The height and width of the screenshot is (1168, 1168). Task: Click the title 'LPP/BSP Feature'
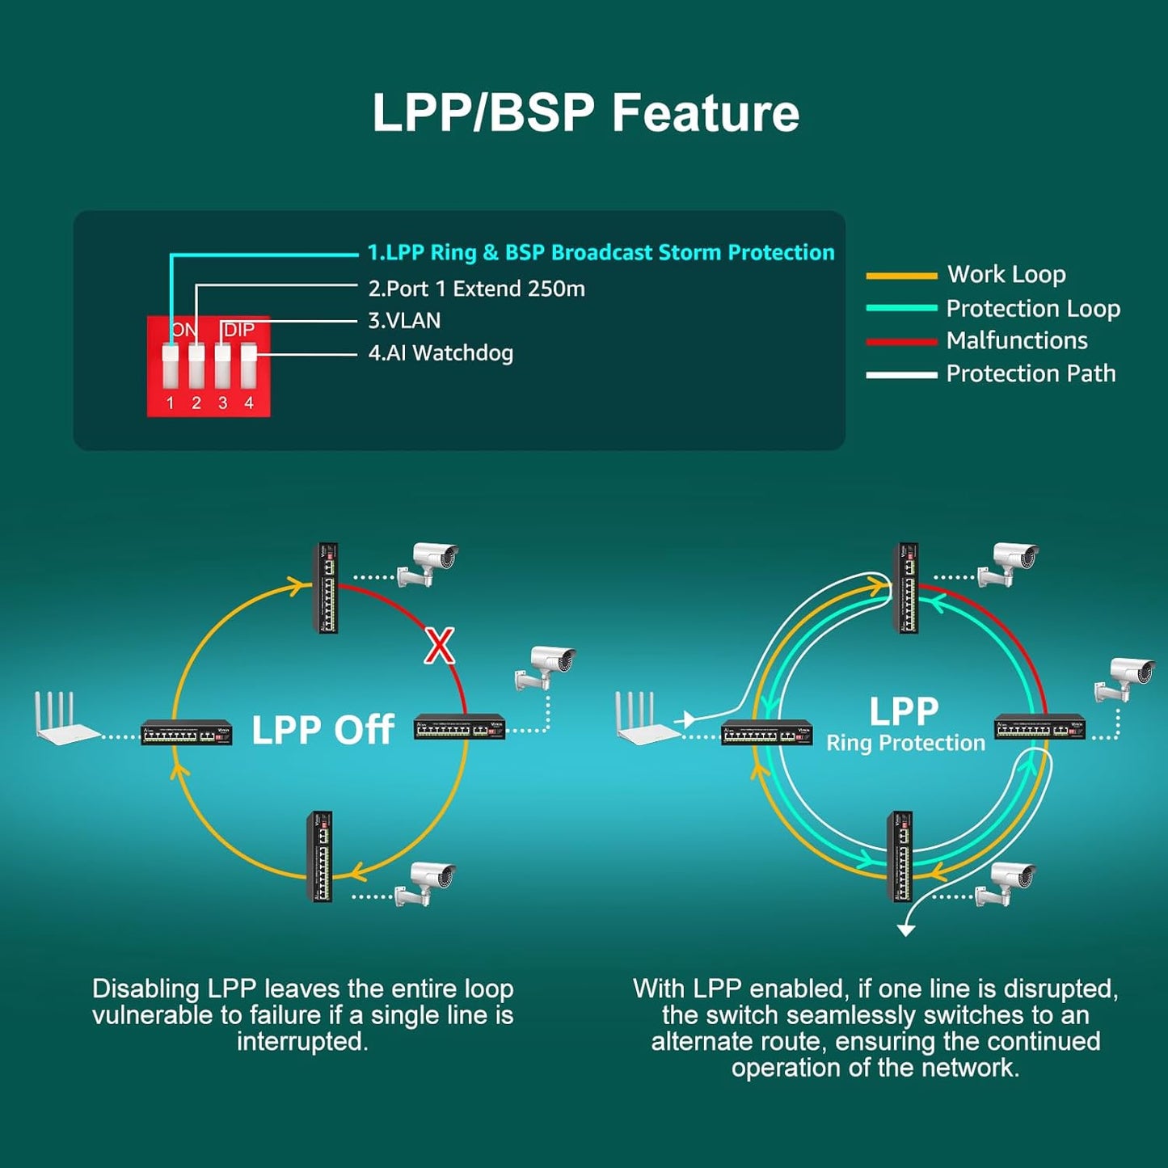coord(585,112)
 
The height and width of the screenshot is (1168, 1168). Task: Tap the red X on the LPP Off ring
coord(440,646)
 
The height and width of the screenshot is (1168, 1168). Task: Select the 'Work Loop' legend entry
coord(1006,275)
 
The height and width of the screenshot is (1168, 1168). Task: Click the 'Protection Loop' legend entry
coord(1033,308)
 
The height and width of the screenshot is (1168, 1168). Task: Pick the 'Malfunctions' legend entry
coord(1017,340)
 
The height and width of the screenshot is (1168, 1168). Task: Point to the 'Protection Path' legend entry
coord(1031,373)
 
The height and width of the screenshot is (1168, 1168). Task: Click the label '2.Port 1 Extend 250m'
coord(476,289)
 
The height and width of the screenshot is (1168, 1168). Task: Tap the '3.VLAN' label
coord(404,321)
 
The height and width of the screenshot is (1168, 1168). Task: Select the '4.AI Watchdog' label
coord(441,353)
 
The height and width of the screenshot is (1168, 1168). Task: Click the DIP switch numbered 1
coord(171,365)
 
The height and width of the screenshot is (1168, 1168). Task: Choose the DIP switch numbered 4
coord(249,365)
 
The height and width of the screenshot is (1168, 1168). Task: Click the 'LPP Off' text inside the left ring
coord(323,730)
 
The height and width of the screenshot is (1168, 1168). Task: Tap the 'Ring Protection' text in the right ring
coord(905,743)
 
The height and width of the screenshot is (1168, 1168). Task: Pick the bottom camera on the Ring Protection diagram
coord(1007,883)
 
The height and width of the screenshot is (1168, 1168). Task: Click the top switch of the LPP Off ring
coord(326,588)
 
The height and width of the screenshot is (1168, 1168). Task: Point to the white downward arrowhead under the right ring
coord(906,930)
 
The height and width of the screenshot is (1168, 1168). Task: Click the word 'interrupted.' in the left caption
coord(302,1041)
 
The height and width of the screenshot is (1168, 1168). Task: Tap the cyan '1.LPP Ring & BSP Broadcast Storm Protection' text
coord(601,252)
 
